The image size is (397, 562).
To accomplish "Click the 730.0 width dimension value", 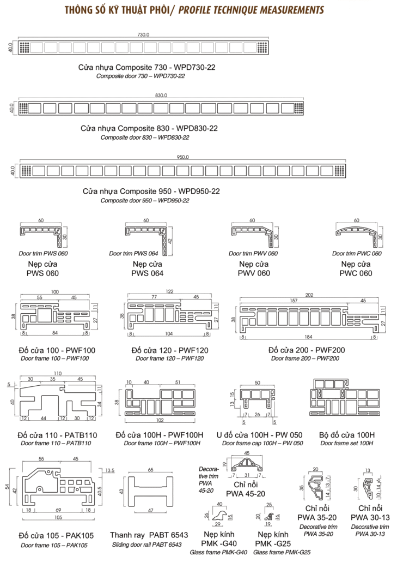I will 144,35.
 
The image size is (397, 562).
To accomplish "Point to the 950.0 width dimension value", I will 183,157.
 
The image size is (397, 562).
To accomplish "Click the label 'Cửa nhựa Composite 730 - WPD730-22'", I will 143,67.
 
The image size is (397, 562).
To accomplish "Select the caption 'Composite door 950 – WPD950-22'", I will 144,201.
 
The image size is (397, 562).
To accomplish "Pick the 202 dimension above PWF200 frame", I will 309,295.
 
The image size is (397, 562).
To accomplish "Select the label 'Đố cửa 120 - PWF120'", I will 169,350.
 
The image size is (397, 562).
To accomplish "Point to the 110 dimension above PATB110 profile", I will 58,373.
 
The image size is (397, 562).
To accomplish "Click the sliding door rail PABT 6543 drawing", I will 150,493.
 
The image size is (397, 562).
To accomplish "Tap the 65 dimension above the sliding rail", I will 150,469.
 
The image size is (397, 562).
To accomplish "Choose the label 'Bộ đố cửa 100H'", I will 346,435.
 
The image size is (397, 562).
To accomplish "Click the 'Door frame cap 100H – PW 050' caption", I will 259,443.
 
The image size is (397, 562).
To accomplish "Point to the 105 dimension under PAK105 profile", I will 57,517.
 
